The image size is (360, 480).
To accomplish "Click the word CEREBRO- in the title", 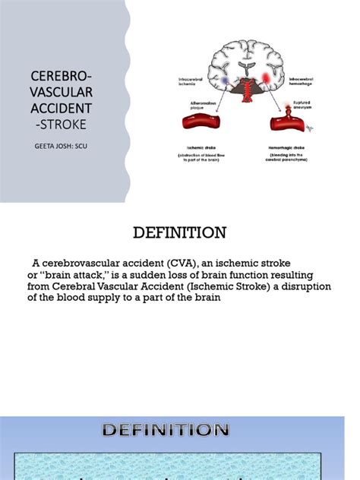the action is [x=61, y=77].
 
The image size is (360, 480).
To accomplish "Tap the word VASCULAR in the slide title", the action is [x=61, y=93].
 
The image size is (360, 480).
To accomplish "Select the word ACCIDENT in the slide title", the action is [x=61, y=108].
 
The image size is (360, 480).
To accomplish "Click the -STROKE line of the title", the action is [x=61, y=124].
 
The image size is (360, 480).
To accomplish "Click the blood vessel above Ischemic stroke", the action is [x=201, y=121].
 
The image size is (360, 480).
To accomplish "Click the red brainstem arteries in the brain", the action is [x=245, y=91].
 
